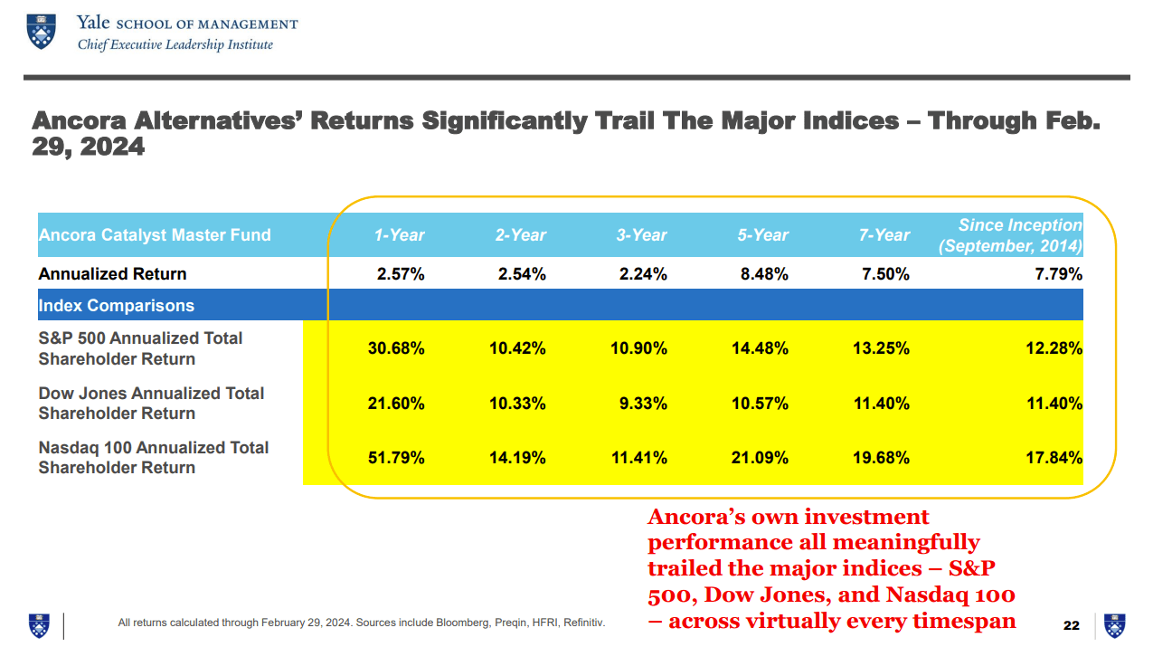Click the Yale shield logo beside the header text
[40, 31]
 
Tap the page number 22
[1072, 625]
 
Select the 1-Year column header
[400, 235]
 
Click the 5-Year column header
[764, 235]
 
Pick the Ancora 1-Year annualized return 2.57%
[401, 274]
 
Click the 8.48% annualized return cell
[764, 274]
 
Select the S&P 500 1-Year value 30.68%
[396, 348]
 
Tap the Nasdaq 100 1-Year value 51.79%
[396, 458]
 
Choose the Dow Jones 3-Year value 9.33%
[643, 404]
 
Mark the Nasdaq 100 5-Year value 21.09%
[760, 458]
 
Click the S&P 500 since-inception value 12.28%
[1054, 348]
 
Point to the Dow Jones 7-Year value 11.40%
[881, 404]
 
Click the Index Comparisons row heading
[116, 306]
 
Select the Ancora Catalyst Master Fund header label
[155, 235]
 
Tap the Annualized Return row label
[112, 274]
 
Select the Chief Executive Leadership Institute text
[175, 44]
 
